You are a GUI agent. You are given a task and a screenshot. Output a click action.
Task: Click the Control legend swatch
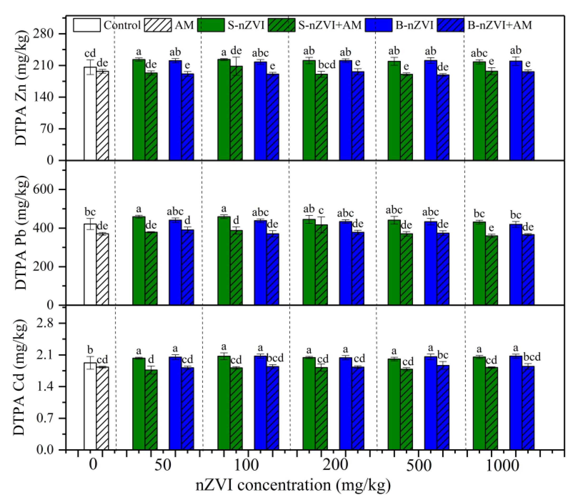point(87,25)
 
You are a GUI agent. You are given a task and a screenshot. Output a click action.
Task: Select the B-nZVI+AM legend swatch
point(450,25)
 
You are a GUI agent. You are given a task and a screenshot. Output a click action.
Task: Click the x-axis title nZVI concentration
point(293,486)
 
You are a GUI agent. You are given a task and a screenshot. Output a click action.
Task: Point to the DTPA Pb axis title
point(21,233)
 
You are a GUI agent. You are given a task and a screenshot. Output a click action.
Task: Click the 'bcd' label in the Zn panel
point(327,65)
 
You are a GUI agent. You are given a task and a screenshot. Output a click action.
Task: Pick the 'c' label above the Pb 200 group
point(321,210)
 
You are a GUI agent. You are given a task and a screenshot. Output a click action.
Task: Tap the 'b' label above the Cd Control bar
point(90,350)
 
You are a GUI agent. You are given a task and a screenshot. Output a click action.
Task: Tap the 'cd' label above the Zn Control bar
point(90,53)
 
